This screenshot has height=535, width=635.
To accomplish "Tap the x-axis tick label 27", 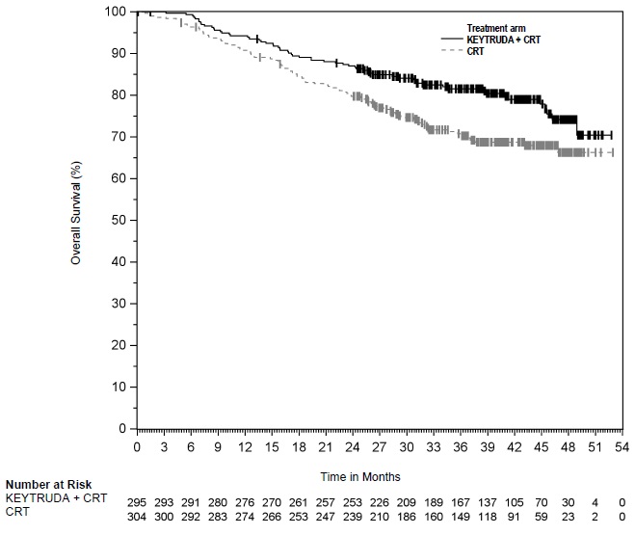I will [380, 447].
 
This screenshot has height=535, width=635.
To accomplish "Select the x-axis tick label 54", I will [622, 447].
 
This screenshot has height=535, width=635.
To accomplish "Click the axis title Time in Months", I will [361, 476].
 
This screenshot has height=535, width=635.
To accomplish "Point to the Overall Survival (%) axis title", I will [75, 219].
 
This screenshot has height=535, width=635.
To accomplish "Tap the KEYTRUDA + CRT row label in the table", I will [57, 498].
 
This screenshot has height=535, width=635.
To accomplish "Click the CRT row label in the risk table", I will [18, 513].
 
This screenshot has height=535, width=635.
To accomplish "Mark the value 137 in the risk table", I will [488, 498].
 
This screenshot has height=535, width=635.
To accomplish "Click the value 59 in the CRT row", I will [542, 513].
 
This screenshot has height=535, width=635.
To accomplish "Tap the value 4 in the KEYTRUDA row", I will [595, 498].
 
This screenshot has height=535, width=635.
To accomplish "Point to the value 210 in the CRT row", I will [380, 513].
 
